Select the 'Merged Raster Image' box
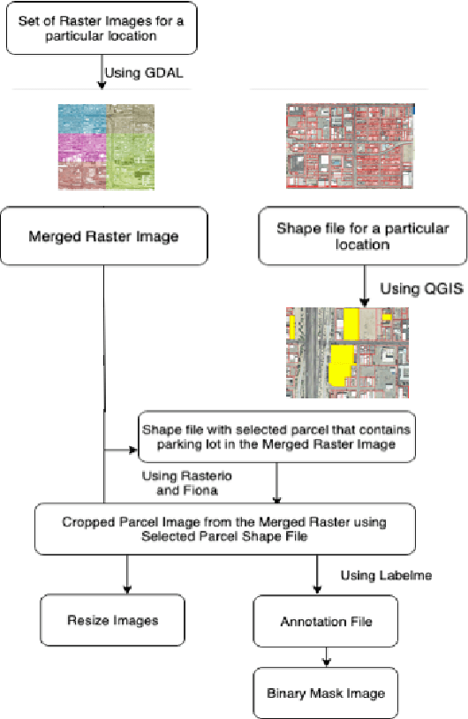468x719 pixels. point(104,236)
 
